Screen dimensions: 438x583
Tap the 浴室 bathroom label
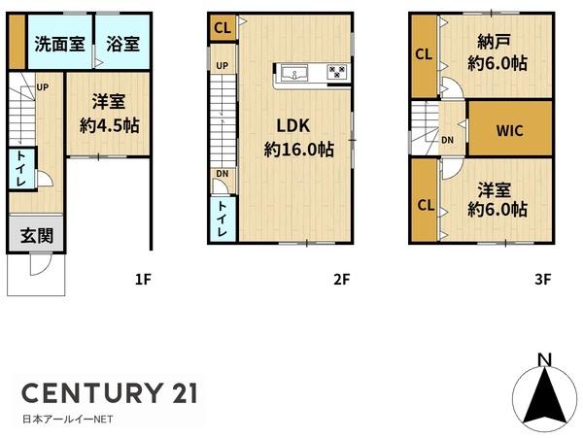pos(123,44)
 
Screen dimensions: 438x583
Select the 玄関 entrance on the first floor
pos(31,236)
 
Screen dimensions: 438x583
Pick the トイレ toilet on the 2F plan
pos(223,219)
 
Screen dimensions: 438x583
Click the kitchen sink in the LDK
pos(294,74)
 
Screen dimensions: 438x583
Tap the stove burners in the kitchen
pos(336,74)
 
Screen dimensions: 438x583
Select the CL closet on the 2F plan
pos(223,28)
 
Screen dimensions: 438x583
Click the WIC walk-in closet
pos(510,130)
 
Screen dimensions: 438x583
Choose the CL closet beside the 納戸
pos(423,56)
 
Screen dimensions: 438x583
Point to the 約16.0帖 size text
pos(299,150)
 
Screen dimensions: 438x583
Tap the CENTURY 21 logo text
pos(110,393)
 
